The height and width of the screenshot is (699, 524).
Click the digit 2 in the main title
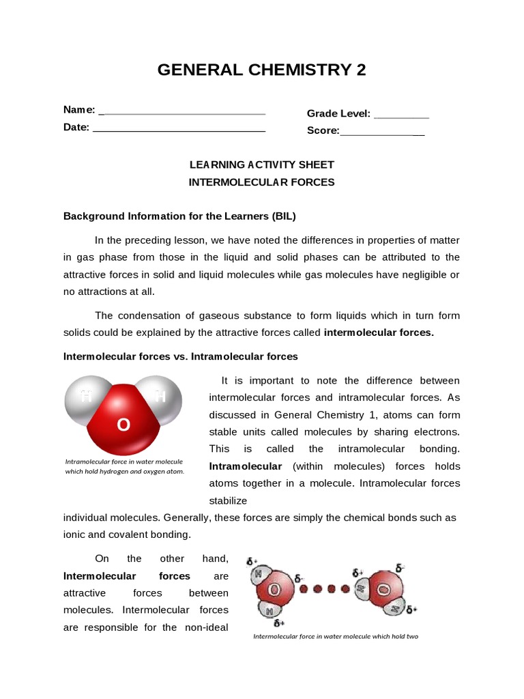click(x=360, y=70)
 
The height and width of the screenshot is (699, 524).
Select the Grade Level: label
click(x=338, y=113)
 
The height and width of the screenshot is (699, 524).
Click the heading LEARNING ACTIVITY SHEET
click(x=261, y=165)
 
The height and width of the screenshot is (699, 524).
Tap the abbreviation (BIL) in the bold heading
click(x=285, y=216)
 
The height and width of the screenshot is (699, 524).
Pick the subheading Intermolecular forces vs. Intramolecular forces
click(x=181, y=356)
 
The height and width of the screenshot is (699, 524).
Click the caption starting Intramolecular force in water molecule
click(x=124, y=466)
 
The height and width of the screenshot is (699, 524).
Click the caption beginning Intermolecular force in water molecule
click(x=335, y=636)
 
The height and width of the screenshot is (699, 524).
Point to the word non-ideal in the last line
click(x=206, y=627)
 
